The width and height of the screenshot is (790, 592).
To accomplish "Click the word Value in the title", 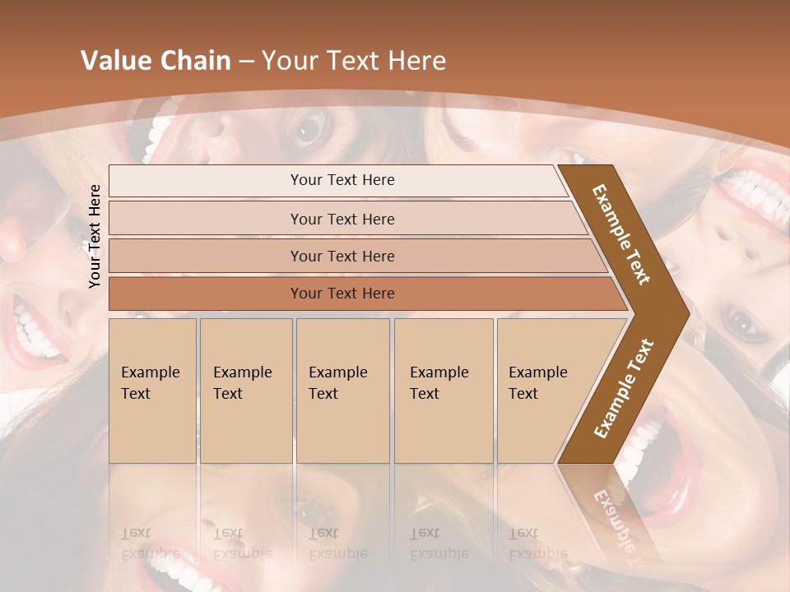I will (x=114, y=61).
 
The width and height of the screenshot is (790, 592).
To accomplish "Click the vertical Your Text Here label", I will (x=95, y=236).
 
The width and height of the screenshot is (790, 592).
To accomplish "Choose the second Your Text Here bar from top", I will (x=342, y=219).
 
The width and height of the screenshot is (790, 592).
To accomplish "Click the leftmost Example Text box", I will (x=152, y=391).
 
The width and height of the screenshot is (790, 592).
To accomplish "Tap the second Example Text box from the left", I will (x=246, y=391).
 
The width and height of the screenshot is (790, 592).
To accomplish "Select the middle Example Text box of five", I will (x=342, y=391).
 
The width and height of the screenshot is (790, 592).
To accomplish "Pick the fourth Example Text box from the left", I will (x=444, y=391).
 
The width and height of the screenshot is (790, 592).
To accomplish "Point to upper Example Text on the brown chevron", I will (x=621, y=234).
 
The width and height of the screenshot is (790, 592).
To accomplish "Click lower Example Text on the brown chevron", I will (x=624, y=388).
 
